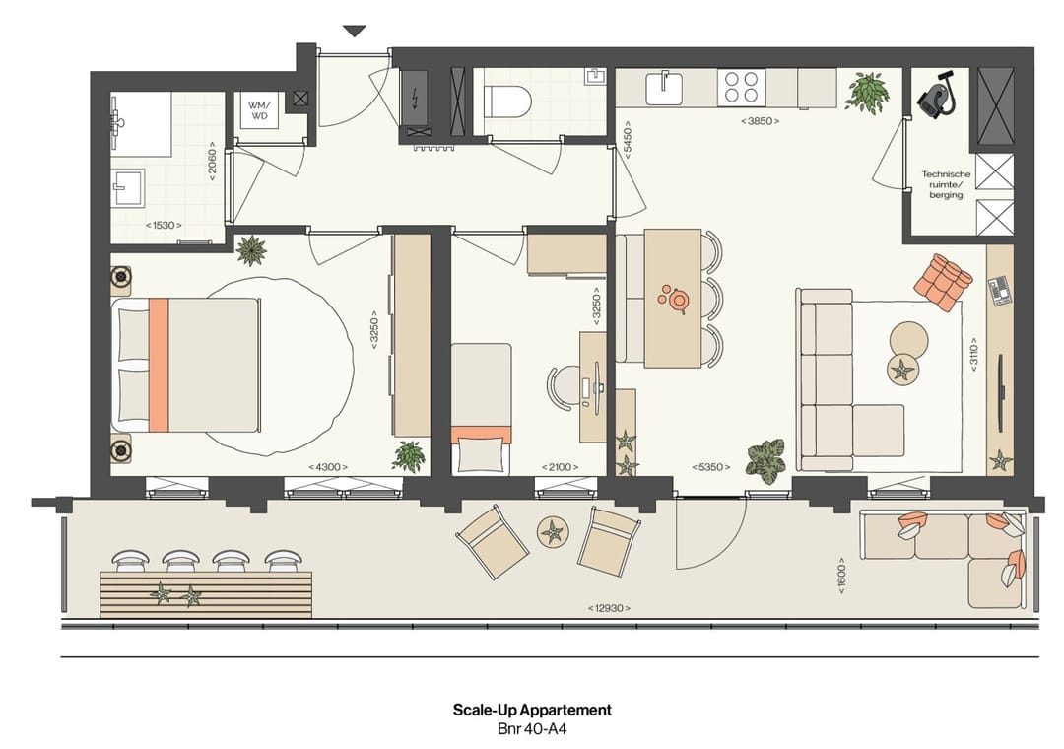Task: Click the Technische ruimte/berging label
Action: [946, 184]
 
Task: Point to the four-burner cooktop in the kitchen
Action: [742, 87]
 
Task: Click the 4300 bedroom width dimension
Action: [326, 467]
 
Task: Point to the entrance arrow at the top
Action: [354, 32]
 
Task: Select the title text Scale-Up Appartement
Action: [532, 710]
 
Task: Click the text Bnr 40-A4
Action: [532, 730]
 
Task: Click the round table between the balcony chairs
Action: [553, 533]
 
